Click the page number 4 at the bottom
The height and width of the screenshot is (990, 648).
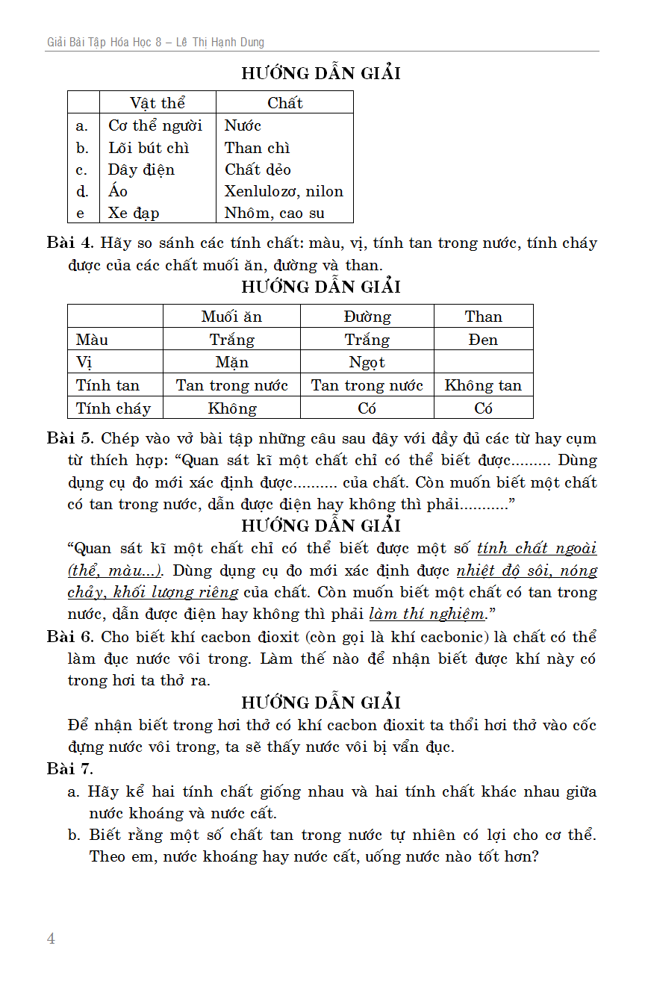click(x=51, y=938)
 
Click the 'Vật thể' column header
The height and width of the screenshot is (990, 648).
click(x=158, y=103)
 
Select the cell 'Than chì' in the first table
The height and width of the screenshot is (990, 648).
click(x=258, y=148)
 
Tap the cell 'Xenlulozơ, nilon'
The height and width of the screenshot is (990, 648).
click(x=284, y=191)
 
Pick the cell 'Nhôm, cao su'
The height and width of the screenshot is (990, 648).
click(x=275, y=213)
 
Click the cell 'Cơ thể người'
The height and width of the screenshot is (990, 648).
click(x=155, y=125)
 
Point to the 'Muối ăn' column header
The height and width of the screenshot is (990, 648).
click(x=231, y=317)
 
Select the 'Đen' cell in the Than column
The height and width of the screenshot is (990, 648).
click(x=484, y=340)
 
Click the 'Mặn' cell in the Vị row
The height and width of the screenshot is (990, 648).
click(x=231, y=363)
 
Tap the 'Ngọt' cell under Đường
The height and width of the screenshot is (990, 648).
click(x=367, y=363)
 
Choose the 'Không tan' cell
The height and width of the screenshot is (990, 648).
click(x=483, y=386)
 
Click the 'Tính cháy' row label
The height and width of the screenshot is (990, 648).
click(x=113, y=408)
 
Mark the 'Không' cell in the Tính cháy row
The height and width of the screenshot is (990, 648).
click(x=231, y=408)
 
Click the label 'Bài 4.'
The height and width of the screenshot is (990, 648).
click(x=70, y=243)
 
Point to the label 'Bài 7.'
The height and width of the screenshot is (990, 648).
click(x=70, y=769)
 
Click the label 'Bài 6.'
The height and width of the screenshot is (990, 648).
click(x=70, y=638)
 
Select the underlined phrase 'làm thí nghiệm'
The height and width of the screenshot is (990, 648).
click(x=427, y=614)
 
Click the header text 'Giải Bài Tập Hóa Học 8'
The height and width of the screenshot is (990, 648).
click(x=105, y=43)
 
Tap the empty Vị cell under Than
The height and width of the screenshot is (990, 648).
click(x=484, y=363)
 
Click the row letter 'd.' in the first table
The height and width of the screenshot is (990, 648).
click(x=83, y=191)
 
